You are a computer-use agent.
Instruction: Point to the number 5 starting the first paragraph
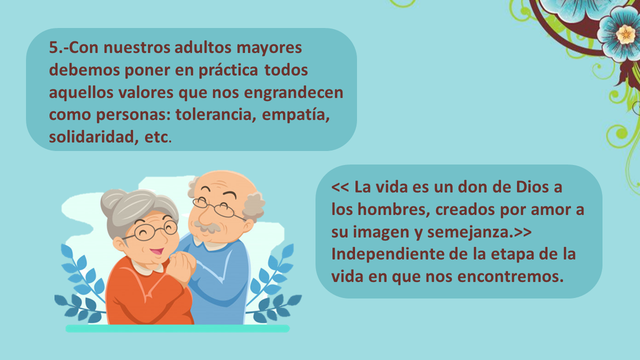pyautogui.click(x=53, y=47)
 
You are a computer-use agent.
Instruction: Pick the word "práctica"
pyautogui.click(x=228, y=70)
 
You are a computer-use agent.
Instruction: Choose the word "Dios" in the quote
pyautogui.click(x=532, y=187)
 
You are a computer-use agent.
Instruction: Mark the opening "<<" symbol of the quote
pyautogui.click(x=340, y=187)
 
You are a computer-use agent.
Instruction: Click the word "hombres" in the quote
pyautogui.click(x=393, y=209)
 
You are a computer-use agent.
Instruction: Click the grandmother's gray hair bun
pyautogui.click(x=113, y=200)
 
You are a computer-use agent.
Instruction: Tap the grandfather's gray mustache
pyautogui.click(x=206, y=226)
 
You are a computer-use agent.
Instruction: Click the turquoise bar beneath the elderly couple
pyautogui.click(x=177, y=328)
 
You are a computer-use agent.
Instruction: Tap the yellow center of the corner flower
pyautogui.click(x=625, y=34)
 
